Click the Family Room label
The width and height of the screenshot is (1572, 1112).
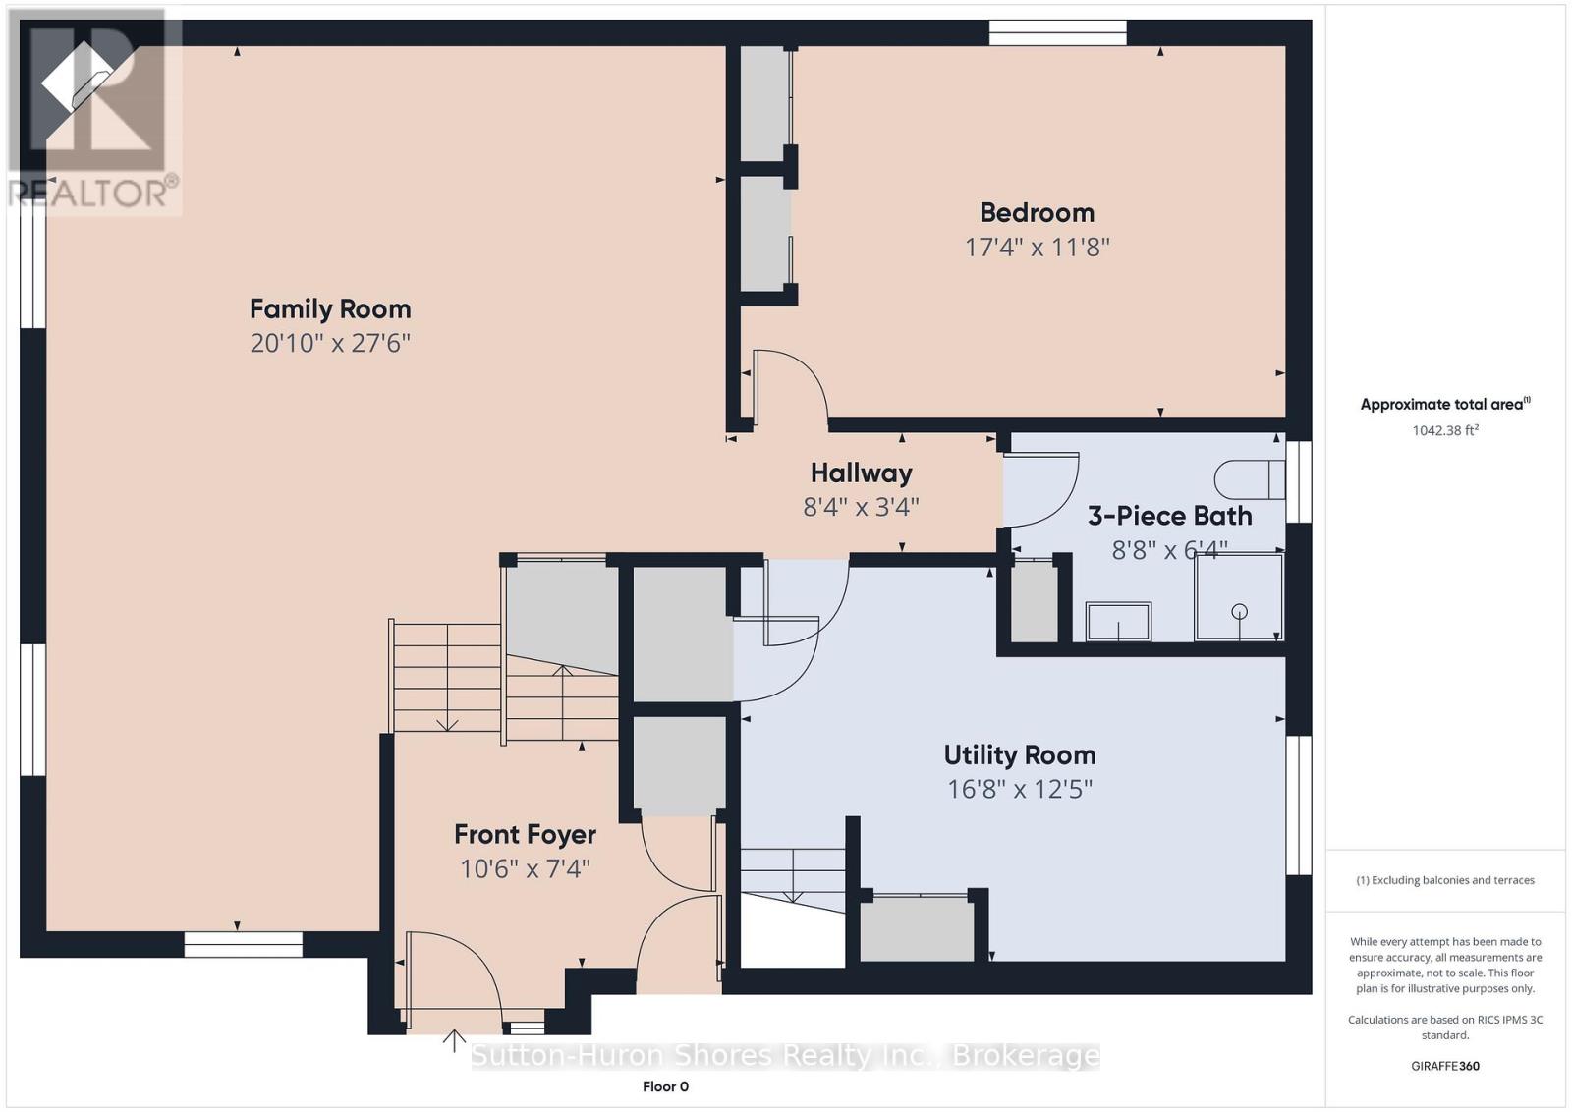click(x=330, y=308)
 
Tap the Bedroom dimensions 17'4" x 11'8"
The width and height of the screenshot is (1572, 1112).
click(x=1037, y=247)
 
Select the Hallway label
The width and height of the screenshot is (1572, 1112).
click(x=861, y=473)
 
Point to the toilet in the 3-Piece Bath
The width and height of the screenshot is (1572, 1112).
click(x=1249, y=479)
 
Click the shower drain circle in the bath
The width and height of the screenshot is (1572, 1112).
click(x=1239, y=611)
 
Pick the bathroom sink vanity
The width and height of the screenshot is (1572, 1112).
click(x=1118, y=621)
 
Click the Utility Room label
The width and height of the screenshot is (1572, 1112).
click(x=1019, y=754)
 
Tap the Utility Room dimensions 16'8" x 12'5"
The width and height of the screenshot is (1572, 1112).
click(x=1019, y=789)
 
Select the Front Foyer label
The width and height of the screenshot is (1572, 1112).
click(x=525, y=834)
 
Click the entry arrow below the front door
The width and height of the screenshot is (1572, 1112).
click(x=454, y=1041)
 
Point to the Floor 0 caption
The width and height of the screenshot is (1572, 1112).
click(x=665, y=1086)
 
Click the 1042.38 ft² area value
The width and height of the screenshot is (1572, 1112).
click(x=1445, y=430)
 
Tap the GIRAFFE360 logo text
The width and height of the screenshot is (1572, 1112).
click(x=1445, y=1066)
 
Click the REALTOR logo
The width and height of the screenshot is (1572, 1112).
click(x=94, y=112)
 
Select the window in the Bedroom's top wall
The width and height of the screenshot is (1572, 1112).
click(x=1057, y=33)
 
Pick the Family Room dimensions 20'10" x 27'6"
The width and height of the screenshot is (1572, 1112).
click(x=330, y=343)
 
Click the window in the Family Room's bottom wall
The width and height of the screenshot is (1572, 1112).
click(x=243, y=944)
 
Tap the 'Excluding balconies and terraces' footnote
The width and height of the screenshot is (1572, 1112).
click(x=1445, y=880)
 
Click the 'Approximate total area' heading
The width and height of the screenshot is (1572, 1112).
click(x=1445, y=404)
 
